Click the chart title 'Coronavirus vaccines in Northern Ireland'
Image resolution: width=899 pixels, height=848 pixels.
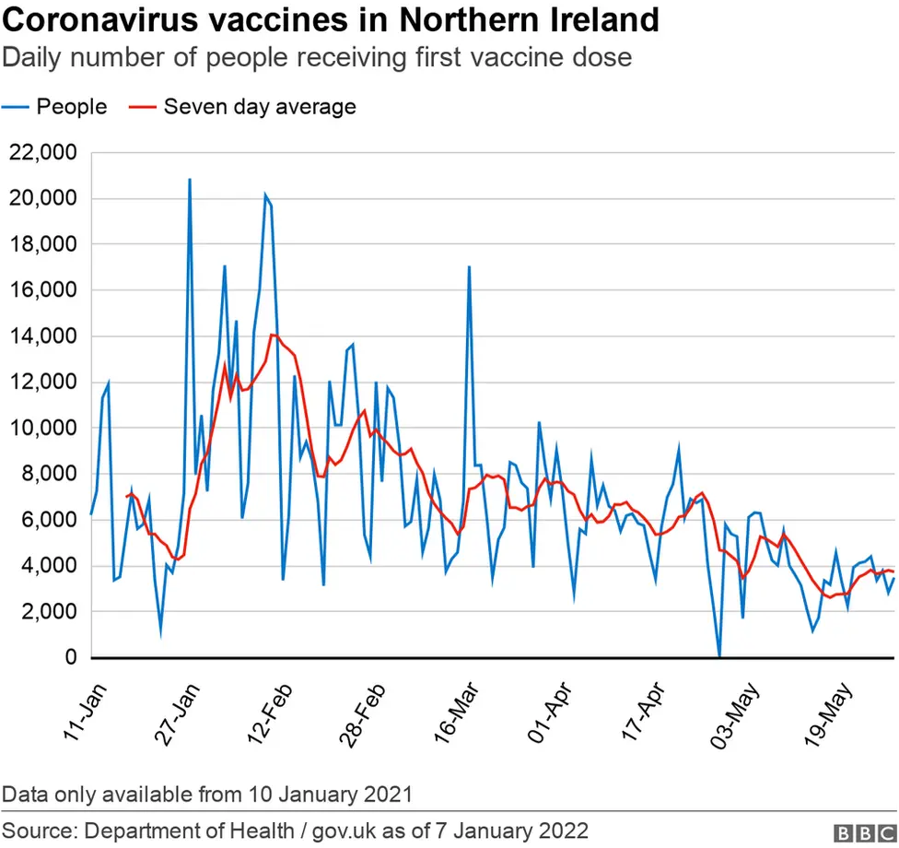coord(331,20)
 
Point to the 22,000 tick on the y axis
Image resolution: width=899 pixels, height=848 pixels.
coord(43,153)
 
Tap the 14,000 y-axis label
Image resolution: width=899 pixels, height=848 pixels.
coord(43,336)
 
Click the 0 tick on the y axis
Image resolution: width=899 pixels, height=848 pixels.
coord(71,658)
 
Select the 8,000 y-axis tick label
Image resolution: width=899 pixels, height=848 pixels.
coord(48,474)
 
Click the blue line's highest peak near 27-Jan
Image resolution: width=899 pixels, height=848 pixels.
coord(190,180)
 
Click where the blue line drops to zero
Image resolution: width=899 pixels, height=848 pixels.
coord(719,656)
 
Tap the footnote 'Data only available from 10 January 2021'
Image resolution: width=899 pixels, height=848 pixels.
coord(207,794)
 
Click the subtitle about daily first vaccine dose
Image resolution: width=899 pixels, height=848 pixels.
coord(317,58)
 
